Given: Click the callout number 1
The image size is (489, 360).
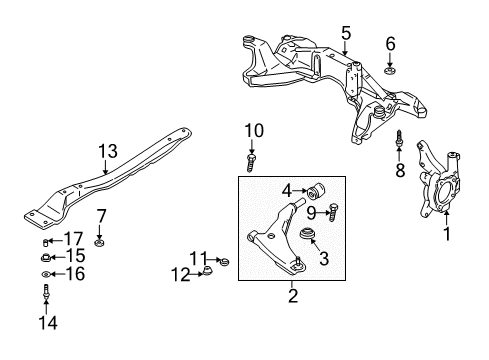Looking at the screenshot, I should click(447, 235).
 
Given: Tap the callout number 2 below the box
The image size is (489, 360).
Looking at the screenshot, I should click(292, 295).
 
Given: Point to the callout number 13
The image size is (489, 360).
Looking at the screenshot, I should click(107, 151).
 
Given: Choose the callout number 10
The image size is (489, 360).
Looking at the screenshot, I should click(253, 129).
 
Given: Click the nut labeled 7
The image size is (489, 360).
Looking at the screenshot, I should click(100, 242).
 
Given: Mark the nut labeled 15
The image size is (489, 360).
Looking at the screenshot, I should click(47, 256).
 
